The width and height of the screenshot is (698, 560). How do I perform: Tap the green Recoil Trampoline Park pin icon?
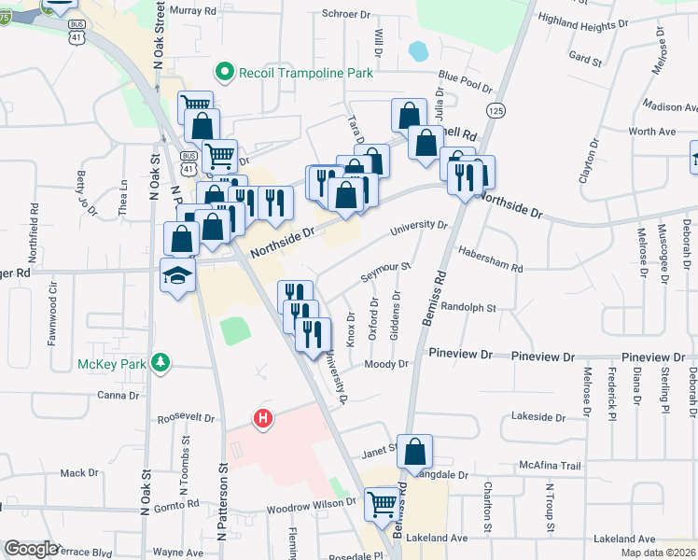224,72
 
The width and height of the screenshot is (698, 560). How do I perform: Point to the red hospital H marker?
264,418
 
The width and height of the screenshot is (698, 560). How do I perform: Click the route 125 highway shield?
496,110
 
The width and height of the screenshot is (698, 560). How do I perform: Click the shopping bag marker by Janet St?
414,451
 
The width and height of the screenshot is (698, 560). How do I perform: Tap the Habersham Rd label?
491,259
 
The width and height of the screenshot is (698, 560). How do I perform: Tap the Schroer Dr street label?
347,14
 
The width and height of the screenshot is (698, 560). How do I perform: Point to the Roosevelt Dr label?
186,419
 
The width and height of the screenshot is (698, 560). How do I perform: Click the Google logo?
32,549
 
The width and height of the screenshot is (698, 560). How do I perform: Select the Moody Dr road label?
387,364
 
